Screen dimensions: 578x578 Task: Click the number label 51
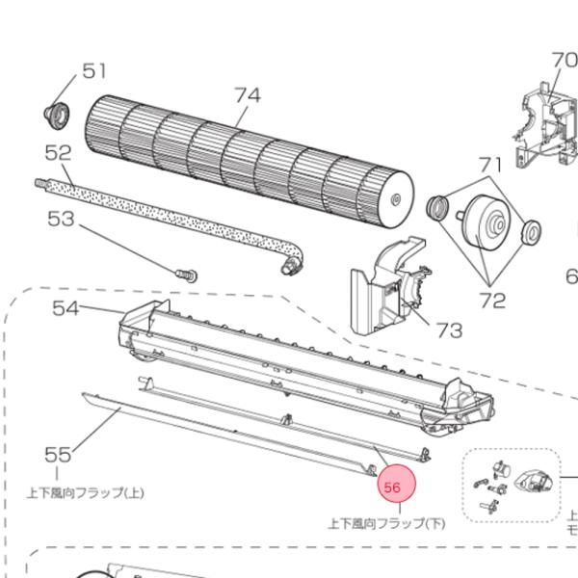93,70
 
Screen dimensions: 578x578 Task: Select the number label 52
60,152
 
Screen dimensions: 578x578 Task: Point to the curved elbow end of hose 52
290,256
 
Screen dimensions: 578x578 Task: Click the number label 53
61,219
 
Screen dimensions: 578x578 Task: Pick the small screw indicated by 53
186,274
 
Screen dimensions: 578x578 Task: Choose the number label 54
66,308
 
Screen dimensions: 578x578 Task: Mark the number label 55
59,454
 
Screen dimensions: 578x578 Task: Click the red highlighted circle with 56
393,486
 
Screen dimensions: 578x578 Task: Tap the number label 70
564,60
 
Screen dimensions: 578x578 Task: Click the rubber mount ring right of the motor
531,232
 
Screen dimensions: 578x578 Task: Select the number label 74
248,95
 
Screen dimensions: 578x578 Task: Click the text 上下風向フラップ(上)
86,492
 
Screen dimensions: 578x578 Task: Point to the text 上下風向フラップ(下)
387,524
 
